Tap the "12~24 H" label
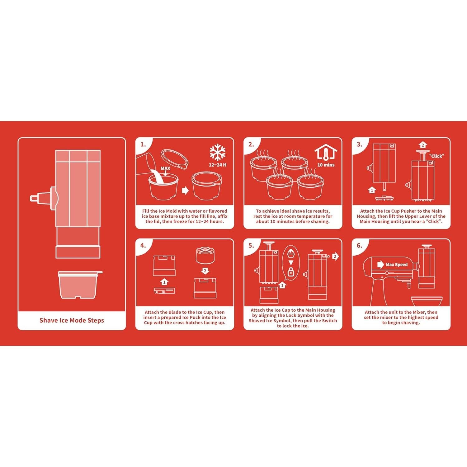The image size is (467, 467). point(217,165)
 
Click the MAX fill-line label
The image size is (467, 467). point(165,168)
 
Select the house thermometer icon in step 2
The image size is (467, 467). point(326,152)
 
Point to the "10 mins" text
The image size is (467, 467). point(326,165)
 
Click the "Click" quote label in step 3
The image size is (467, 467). point(436,156)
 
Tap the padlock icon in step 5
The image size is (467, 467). point(291,271)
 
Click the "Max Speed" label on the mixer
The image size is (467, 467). point(396,265)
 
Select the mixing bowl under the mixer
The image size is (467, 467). point(427,301)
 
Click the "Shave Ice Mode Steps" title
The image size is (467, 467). point(72,320)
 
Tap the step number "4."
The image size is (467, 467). point(143,245)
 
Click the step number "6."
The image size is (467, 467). point(359,245)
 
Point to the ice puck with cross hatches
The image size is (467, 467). point(205,255)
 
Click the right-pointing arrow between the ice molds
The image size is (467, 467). point(185,190)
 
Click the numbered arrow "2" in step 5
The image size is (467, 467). point(335,257)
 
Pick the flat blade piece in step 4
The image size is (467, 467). point(164,291)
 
